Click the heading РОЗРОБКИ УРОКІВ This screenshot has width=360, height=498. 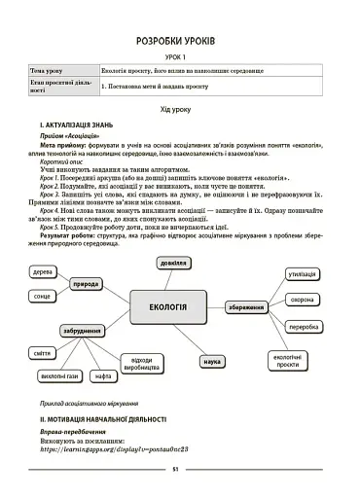click(x=181, y=42)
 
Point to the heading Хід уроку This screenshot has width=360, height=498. click(x=181, y=113)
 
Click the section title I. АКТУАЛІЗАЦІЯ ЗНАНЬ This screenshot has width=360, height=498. click(x=77, y=127)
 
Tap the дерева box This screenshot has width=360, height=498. click(x=42, y=272)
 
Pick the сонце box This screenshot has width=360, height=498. click(x=42, y=295)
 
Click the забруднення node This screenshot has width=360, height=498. click(x=82, y=330)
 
